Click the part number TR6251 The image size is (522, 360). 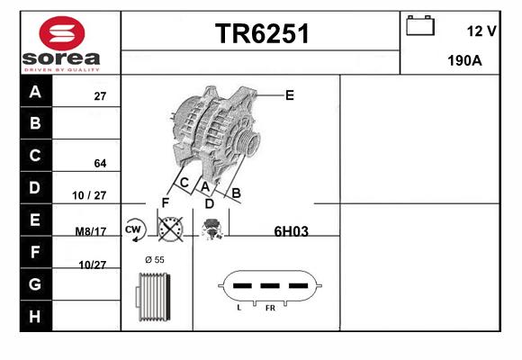pyautogui.click(x=262, y=33)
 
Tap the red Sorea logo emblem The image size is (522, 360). pyautogui.click(x=62, y=33)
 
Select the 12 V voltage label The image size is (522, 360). pyautogui.click(x=481, y=31)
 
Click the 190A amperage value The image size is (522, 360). pyautogui.click(x=464, y=60)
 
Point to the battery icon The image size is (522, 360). pyautogui.click(x=420, y=25)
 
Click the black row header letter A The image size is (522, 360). pyautogui.click(x=35, y=91)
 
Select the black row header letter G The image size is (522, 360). pyautogui.click(x=35, y=284)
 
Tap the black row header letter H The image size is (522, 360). pyautogui.click(x=35, y=317)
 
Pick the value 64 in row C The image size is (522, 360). pyautogui.click(x=100, y=163)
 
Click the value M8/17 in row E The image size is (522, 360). pyautogui.click(x=91, y=231)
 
